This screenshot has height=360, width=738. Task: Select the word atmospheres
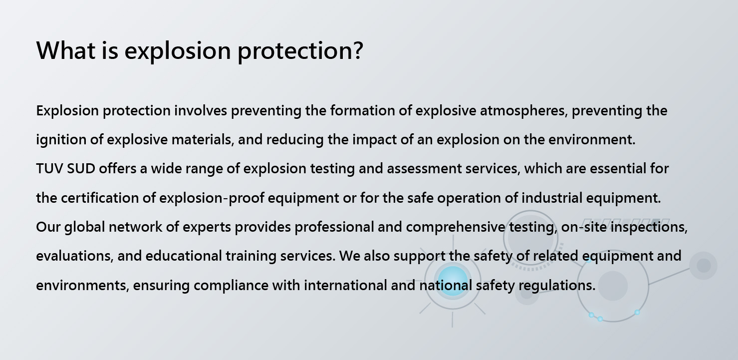point(524,110)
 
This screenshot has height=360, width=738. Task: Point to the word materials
point(203,139)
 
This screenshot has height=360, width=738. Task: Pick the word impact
point(375,140)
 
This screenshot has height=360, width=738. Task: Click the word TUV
point(50,168)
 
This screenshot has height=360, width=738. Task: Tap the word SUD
point(81,168)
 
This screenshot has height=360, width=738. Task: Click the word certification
point(100,198)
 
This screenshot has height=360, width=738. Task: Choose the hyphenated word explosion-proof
point(212,198)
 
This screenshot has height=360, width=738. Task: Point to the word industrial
point(552,198)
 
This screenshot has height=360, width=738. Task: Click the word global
point(85,227)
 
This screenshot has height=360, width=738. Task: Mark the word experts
point(207,228)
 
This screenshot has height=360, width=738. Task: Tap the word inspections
point(649,227)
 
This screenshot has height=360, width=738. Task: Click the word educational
point(184,256)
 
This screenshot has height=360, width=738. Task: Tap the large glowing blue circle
point(453,281)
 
